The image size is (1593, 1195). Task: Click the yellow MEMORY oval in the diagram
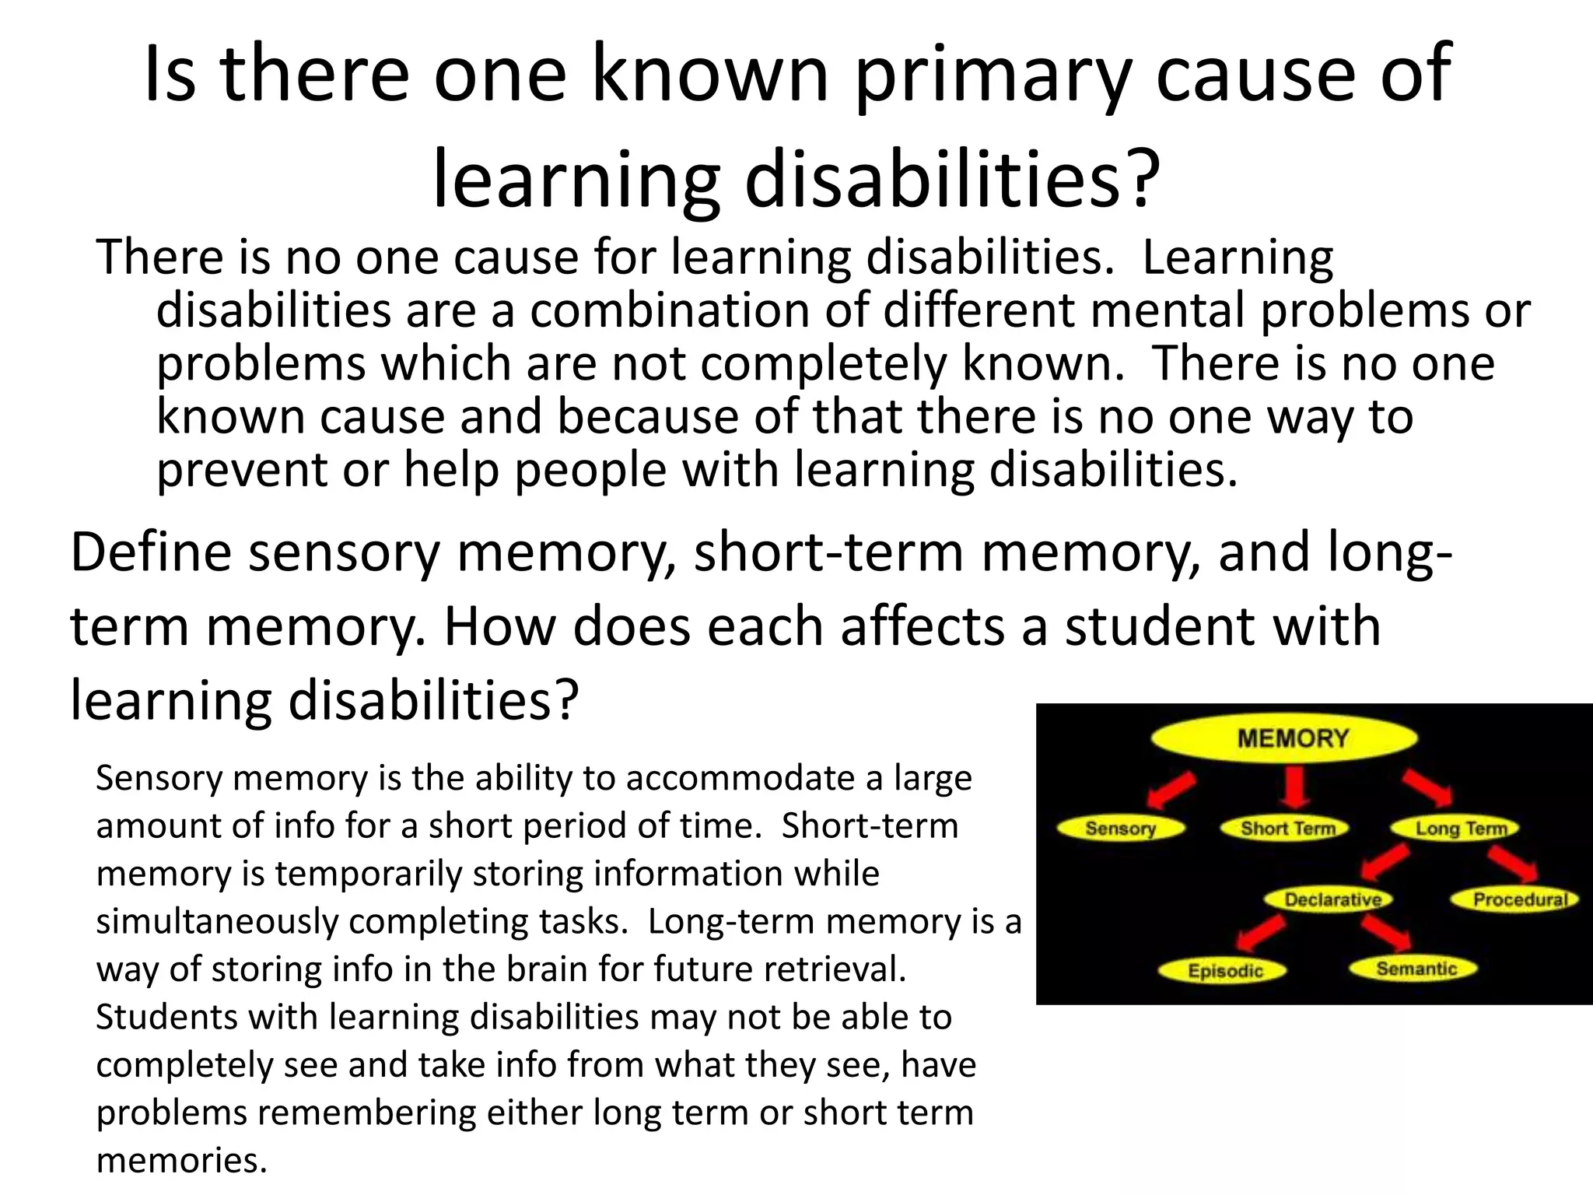(x=1284, y=738)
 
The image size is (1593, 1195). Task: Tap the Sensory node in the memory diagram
(x=1120, y=828)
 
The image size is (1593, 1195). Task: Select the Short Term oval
(x=1287, y=828)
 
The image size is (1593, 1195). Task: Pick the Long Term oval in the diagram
(x=1460, y=829)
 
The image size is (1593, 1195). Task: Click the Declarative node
(x=1332, y=899)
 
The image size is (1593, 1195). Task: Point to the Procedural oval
(x=1518, y=899)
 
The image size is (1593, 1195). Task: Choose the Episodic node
(x=1224, y=970)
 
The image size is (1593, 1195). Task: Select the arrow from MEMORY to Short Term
(x=1294, y=788)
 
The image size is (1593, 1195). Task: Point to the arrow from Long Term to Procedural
(x=1512, y=864)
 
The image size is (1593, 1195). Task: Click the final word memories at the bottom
(x=181, y=1160)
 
